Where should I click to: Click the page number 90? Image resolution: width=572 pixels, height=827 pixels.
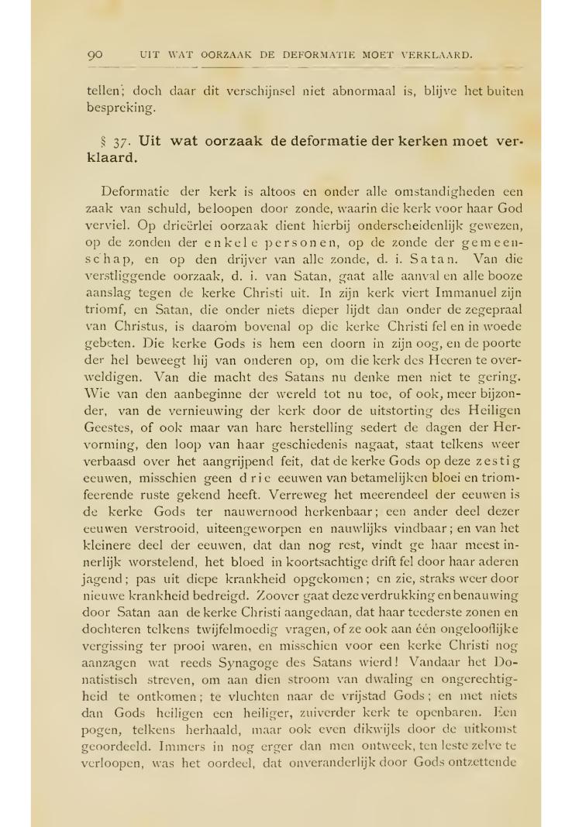coord(96,55)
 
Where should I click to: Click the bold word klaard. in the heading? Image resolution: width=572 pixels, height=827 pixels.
coord(111,156)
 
